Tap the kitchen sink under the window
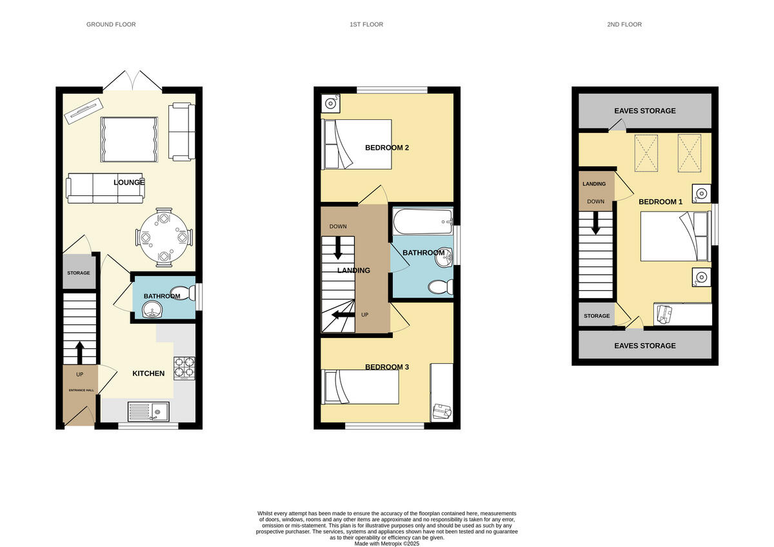[148, 412]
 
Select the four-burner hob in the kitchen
[184, 367]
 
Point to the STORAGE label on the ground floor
[79, 273]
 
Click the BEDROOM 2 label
[387, 148]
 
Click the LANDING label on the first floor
[353, 270]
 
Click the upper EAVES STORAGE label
[645, 111]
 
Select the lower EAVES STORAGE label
[645, 346]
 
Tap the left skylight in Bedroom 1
[646, 154]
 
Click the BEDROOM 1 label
[660, 202]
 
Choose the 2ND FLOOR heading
[624, 25]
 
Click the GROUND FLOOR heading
[111, 25]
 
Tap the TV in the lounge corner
[83, 111]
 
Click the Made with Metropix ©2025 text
[387, 544]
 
